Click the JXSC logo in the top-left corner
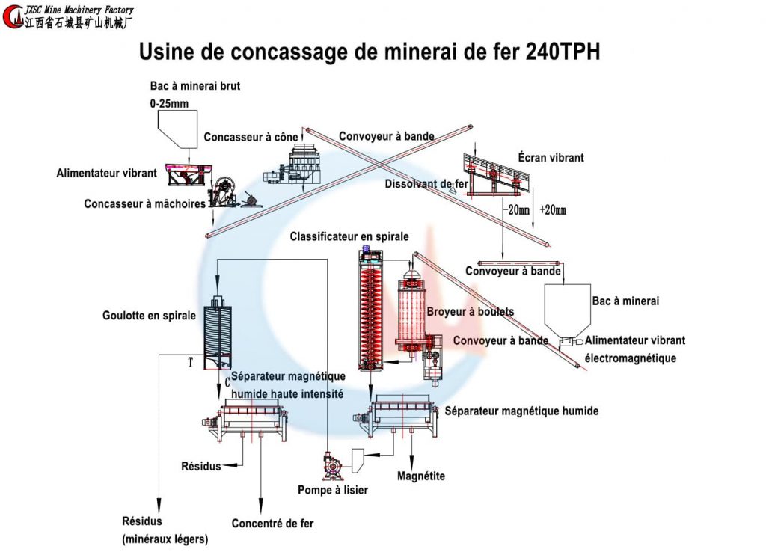click(13, 16)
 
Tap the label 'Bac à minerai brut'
click(195, 86)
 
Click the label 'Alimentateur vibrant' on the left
click(107, 173)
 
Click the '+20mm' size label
click(553, 210)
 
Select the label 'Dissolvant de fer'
click(427, 184)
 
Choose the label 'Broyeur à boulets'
click(470, 311)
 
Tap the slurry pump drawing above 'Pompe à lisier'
click(330, 466)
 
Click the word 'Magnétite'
click(421, 476)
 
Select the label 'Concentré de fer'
click(272, 524)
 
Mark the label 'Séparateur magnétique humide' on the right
click(521, 411)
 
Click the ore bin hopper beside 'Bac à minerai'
click(568, 310)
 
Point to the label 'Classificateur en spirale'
click(349, 236)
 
